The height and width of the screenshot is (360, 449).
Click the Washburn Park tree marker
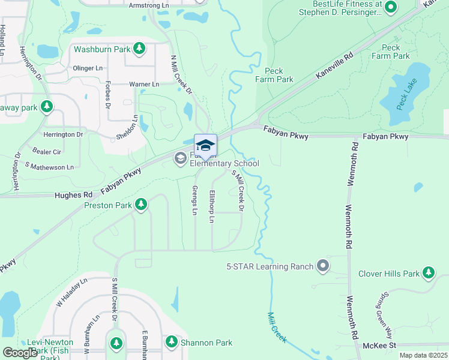[x=139, y=49]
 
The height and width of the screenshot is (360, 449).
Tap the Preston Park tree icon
[x=141, y=205]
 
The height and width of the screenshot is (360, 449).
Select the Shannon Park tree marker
[x=171, y=342]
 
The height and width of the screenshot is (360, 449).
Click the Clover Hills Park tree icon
[x=428, y=274]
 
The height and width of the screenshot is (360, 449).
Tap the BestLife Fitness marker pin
[x=391, y=8]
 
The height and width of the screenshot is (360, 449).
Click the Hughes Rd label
[x=73, y=195]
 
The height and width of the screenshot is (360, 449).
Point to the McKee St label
[x=379, y=346]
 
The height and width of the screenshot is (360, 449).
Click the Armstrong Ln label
[x=149, y=5]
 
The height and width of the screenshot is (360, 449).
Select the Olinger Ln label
[x=88, y=68]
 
